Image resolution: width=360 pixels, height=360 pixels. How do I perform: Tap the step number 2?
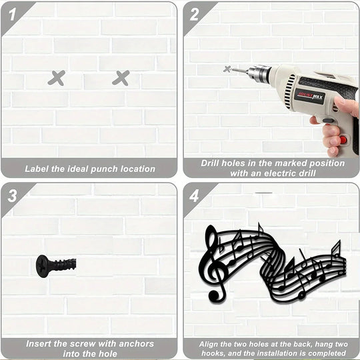(193, 12)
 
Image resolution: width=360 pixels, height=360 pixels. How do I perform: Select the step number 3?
(11, 195)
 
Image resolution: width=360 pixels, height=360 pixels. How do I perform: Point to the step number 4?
(193, 195)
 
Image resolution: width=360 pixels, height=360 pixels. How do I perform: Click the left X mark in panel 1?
(57, 78)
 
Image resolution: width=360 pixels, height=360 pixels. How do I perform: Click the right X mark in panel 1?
(121, 78)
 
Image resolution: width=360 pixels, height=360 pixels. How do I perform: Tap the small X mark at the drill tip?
(227, 69)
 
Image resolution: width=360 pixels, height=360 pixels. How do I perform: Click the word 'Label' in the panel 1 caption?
(39, 169)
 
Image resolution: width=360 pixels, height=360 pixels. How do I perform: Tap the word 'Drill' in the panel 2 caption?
(213, 163)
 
